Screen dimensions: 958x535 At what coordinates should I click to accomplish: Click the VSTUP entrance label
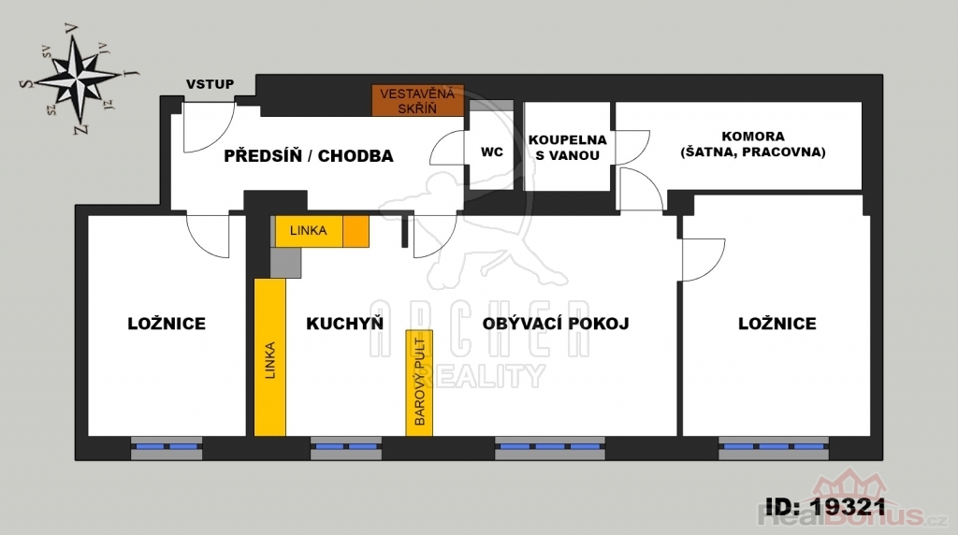pyautogui.click(x=210, y=84)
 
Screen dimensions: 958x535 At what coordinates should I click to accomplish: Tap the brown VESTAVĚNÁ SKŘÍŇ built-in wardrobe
pyautogui.click(x=418, y=101)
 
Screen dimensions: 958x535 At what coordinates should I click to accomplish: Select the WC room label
pyautogui.click(x=492, y=152)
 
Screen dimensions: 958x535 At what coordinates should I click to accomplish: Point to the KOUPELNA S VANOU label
pyautogui.click(x=568, y=148)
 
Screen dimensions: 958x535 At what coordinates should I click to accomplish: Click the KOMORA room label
pyautogui.click(x=753, y=144)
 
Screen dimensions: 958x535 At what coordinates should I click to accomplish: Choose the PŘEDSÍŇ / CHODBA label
pyautogui.click(x=309, y=156)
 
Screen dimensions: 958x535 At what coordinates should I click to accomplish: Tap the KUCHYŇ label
pyautogui.click(x=344, y=323)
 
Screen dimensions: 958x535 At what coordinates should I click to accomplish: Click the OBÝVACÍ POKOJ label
pyautogui.click(x=556, y=323)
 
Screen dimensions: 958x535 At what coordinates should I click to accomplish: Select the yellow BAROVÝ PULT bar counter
pyautogui.click(x=419, y=383)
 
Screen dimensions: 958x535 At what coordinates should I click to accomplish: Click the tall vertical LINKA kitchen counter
pyautogui.click(x=270, y=357)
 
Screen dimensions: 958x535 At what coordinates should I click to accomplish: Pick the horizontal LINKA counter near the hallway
pyautogui.click(x=309, y=231)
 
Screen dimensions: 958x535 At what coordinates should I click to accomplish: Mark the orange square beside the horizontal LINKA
pyautogui.click(x=356, y=231)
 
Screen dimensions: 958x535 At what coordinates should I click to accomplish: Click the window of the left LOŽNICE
pyautogui.click(x=167, y=448)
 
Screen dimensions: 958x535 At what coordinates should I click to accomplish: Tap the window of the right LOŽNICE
pyautogui.click(x=774, y=448)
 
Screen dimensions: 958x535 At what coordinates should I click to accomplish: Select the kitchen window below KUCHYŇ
pyautogui.click(x=346, y=448)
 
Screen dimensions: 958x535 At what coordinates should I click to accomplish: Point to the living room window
pyautogui.click(x=550, y=448)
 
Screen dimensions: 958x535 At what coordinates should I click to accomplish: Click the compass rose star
pyautogui.click(x=79, y=79)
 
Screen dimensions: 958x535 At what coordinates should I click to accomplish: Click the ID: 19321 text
pyautogui.click(x=825, y=506)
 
